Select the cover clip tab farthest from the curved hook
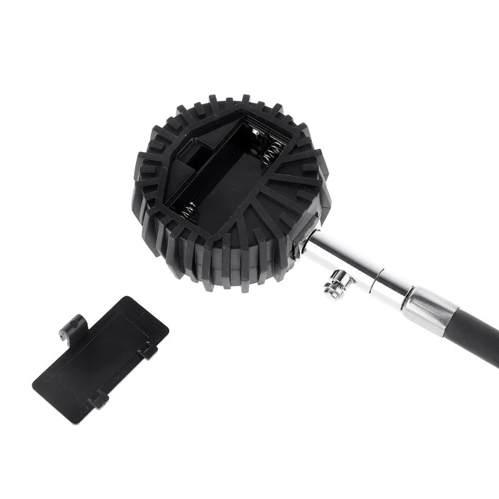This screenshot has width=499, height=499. point(98,399)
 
